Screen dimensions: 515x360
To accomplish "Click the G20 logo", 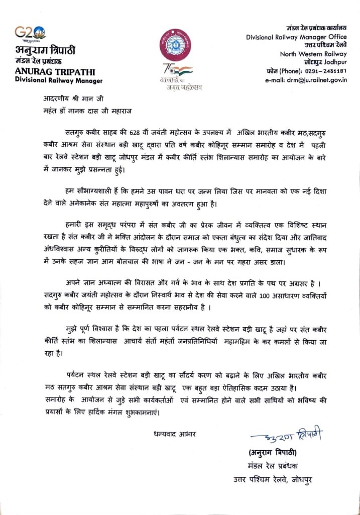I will pyautogui.click(x=31, y=34).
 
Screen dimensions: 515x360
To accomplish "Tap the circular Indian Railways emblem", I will pyautogui.click(x=175, y=44).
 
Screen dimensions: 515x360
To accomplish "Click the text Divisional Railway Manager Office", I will pyautogui.click(x=296, y=37).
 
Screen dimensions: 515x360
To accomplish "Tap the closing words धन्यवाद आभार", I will pyautogui.click(x=175, y=434).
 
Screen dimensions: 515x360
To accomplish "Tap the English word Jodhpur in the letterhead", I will pyautogui.click(x=334, y=62).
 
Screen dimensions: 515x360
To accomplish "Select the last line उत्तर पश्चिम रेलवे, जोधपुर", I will pyautogui.click(x=272, y=479).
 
